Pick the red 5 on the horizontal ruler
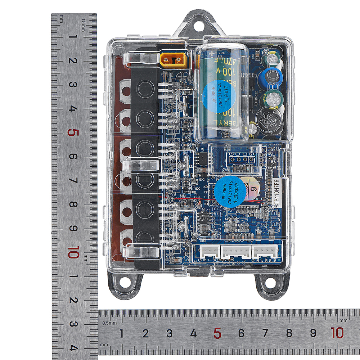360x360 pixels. (x=217, y=333)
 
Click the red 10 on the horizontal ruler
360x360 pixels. (x=337, y=333)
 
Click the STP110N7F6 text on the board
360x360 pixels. (x=276, y=194)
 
